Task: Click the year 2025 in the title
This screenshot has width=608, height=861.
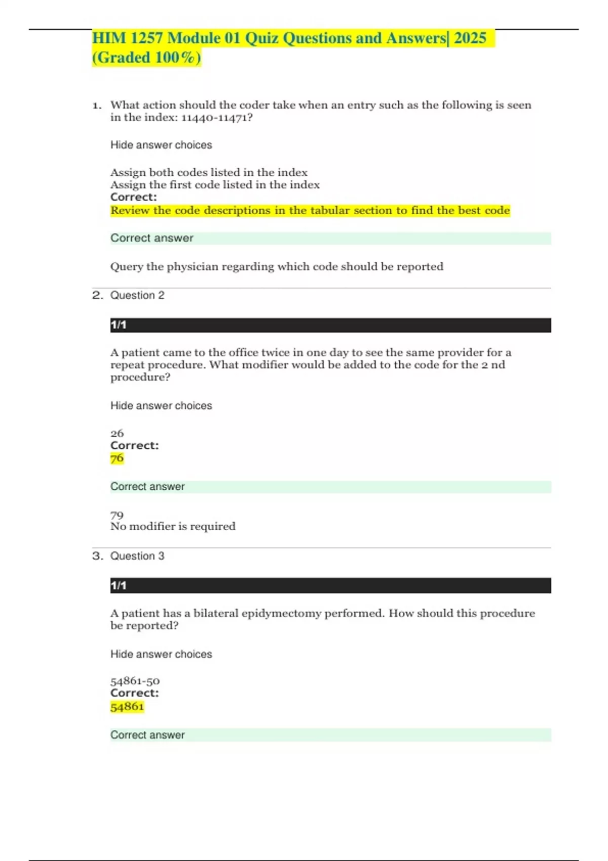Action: pos(470,38)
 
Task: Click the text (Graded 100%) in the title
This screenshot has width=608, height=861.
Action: pos(146,58)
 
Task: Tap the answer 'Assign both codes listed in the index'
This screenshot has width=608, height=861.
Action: pos(209,172)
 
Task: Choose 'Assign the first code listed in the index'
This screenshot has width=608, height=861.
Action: pos(215,185)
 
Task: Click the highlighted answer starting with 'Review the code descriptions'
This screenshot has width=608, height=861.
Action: pos(310,211)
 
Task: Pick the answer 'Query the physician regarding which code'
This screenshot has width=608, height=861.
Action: pos(277,266)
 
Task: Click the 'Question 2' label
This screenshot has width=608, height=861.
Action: pos(137,295)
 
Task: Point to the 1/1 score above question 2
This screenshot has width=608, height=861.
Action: pos(119,325)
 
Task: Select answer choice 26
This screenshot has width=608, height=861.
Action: pos(117,434)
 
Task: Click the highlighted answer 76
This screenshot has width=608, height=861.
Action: pos(117,458)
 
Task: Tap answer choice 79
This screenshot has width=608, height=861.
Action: pos(117,515)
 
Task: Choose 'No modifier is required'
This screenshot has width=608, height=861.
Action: pos(173,527)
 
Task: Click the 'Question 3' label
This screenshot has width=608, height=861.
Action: pos(137,556)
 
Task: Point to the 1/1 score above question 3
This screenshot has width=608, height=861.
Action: pos(119,585)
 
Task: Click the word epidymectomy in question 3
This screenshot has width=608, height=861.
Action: pos(281,613)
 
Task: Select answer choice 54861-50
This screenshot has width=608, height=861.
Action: pos(135,681)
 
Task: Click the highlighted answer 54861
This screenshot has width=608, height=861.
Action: pos(127,707)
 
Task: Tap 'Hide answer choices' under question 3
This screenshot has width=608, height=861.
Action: pos(161,654)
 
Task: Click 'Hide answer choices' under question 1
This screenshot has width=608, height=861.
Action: pos(161,145)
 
